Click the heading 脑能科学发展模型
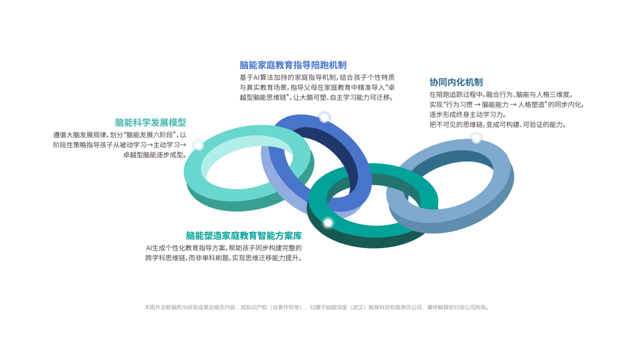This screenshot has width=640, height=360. pos(150,122)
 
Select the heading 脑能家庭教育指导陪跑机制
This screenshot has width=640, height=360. pos(293,65)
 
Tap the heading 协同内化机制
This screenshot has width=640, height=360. pos(456,82)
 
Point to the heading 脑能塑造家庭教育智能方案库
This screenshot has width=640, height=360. pos(244,235)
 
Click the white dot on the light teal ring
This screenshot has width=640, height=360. pos(198,145)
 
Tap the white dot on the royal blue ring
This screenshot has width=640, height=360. pos(324,117)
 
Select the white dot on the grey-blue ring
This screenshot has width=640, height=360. pos(476,138)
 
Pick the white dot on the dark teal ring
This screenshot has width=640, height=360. pos(327,222)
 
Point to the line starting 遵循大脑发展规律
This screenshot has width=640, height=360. pos(120,135)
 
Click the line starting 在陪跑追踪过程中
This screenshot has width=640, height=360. pos(500,94)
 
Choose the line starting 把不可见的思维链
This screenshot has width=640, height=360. pos(498,124)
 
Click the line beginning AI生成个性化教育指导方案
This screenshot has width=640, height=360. pos(224,248)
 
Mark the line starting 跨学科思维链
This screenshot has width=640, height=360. pos(224,258)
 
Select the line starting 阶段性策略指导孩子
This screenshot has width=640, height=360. pos(120,145)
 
